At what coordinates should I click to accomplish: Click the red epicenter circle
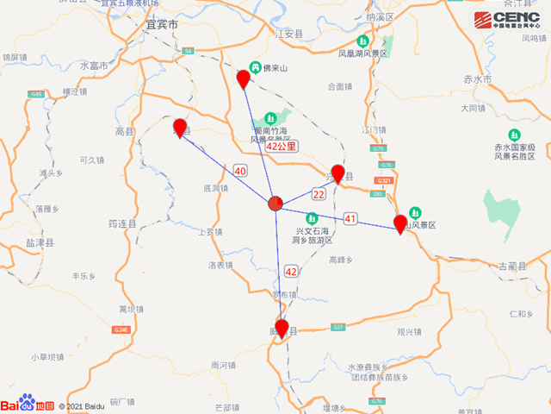pyautogui.click(x=275, y=204)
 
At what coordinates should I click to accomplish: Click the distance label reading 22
pyautogui.click(x=319, y=195)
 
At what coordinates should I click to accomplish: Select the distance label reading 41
pyautogui.click(x=350, y=217)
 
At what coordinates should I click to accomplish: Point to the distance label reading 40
pyautogui.click(x=240, y=171)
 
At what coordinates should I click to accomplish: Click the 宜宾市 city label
pyautogui.click(x=162, y=26)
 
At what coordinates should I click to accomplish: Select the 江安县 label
pyautogui.click(x=289, y=34)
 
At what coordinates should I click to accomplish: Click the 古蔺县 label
pyautogui.click(x=513, y=266)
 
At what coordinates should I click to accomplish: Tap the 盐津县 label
pyautogui.click(x=38, y=244)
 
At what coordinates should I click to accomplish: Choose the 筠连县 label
pyautogui.click(x=123, y=223)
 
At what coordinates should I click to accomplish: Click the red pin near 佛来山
pyautogui.click(x=244, y=79)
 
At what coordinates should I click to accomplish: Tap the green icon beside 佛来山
pyautogui.click(x=256, y=67)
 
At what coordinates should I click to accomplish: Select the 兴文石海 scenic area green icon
pyautogui.click(x=312, y=219)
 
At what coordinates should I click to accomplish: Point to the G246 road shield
pyautogui.click(x=121, y=329)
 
